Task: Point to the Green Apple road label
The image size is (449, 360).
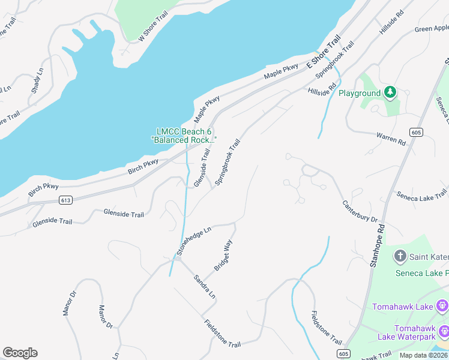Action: (x=432, y=28)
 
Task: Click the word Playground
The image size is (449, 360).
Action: (x=360, y=94)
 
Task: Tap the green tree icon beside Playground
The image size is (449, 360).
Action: (x=390, y=92)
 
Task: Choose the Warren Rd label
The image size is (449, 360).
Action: (x=392, y=139)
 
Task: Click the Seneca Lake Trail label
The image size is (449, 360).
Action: (x=421, y=194)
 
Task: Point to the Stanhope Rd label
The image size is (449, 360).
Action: (x=378, y=245)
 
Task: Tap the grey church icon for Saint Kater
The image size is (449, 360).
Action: (x=400, y=257)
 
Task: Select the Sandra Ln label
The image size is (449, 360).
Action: (x=203, y=287)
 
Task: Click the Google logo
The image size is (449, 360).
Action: (x=20, y=353)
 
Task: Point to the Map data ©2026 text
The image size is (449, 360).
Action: (x=424, y=355)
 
